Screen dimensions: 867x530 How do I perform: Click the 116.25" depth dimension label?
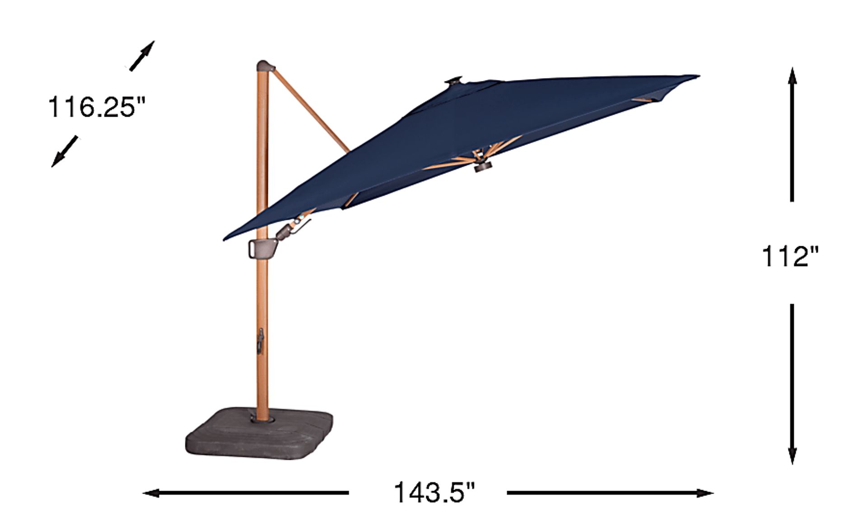pyautogui.click(x=97, y=108)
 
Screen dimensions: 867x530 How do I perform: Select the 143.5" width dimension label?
pyautogui.click(x=435, y=492)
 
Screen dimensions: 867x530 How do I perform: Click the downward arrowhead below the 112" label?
pyautogui.click(x=792, y=455)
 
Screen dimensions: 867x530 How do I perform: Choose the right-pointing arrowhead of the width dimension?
pyautogui.click(x=704, y=493)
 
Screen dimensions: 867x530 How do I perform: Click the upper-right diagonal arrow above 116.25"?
pyautogui.click(x=142, y=56)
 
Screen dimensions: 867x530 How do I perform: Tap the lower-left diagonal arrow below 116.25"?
pyautogui.click(x=65, y=151)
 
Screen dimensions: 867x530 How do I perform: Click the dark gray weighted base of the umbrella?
pyautogui.click(x=260, y=433)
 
